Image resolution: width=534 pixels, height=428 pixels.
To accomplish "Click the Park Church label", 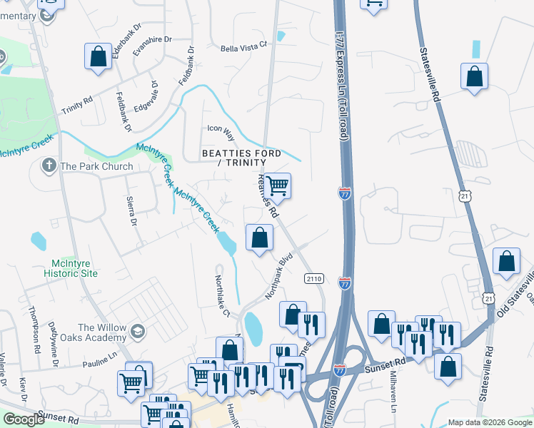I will (x=96, y=166).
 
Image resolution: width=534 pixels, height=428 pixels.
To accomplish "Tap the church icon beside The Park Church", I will (x=49, y=167).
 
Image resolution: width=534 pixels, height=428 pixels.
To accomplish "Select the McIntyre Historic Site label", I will (x=69, y=267).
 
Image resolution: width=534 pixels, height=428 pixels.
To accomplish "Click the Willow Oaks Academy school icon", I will (x=137, y=331).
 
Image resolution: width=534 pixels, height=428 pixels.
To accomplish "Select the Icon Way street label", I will (x=220, y=128).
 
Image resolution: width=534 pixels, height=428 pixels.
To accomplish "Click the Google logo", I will (x=24, y=419).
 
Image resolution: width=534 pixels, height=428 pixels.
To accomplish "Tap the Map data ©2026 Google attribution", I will (x=489, y=422).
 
